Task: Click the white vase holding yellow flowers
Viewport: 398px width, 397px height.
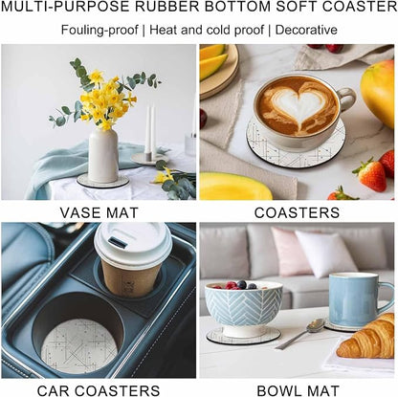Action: pyautogui.click(x=103, y=155)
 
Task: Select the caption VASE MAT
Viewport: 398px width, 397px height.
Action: pyautogui.click(x=99, y=213)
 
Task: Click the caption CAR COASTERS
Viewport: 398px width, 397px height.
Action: pyautogui.click(x=99, y=390)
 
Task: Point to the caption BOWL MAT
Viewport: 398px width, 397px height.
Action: pyautogui.click(x=298, y=390)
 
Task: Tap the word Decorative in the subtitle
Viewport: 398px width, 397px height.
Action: pyautogui.click(x=306, y=30)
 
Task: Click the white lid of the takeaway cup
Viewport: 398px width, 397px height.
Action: pyautogui.click(x=133, y=244)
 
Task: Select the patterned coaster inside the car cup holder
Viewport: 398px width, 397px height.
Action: pyautogui.click(x=79, y=346)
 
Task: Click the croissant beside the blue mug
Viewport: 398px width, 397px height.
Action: pyautogui.click(x=367, y=338)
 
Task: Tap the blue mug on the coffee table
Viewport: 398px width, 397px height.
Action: pyautogui.click(x=356, y=298)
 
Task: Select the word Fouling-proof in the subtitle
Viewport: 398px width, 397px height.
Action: pyautogui.click(x=99, y=31)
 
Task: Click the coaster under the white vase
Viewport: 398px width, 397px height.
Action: pyautogui.click(x=102, y=181)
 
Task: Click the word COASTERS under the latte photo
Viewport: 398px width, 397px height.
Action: pyautogui.click(x=297, y=213)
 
